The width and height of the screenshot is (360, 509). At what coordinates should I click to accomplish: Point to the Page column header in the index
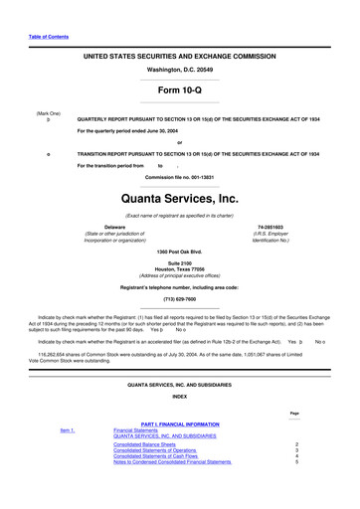pos(294,412)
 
